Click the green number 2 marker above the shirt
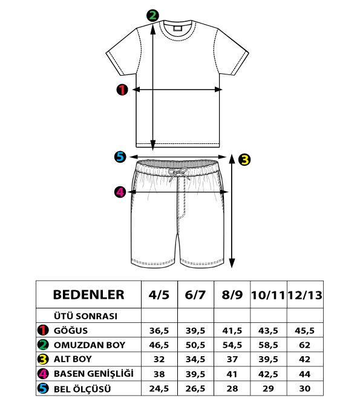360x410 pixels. click(x=152, y=16)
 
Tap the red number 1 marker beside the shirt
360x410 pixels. click(x=122, y=89)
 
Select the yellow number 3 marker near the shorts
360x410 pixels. click(x=244, y=160)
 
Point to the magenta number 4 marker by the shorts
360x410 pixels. click(x=120, y=192)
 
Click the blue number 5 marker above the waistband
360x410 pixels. click(x=120, y=157)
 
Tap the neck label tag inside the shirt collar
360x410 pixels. click(x=177, y=28)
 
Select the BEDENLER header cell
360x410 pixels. click(x=89, y=294)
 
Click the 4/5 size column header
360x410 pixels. click(x=159, y=295)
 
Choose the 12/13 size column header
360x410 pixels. click(x=305, y=295)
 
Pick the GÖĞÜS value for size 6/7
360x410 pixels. click(x=195, y=331)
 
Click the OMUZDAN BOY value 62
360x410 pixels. click(x=304, y=345)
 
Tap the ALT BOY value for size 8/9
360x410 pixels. click(x=232, y=359)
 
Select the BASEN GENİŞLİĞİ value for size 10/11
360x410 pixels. click(x=268, y=374)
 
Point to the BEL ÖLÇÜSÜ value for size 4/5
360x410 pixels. click(x=159, y=389)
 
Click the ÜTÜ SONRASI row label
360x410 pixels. click(x=85, y=316)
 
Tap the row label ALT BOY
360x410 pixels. click(x=73, y=359)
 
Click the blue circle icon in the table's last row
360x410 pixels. click(x=43, y=389)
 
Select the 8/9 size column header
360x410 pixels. click(x=232, y=295)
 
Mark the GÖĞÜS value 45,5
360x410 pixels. click(x=304, y=331)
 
